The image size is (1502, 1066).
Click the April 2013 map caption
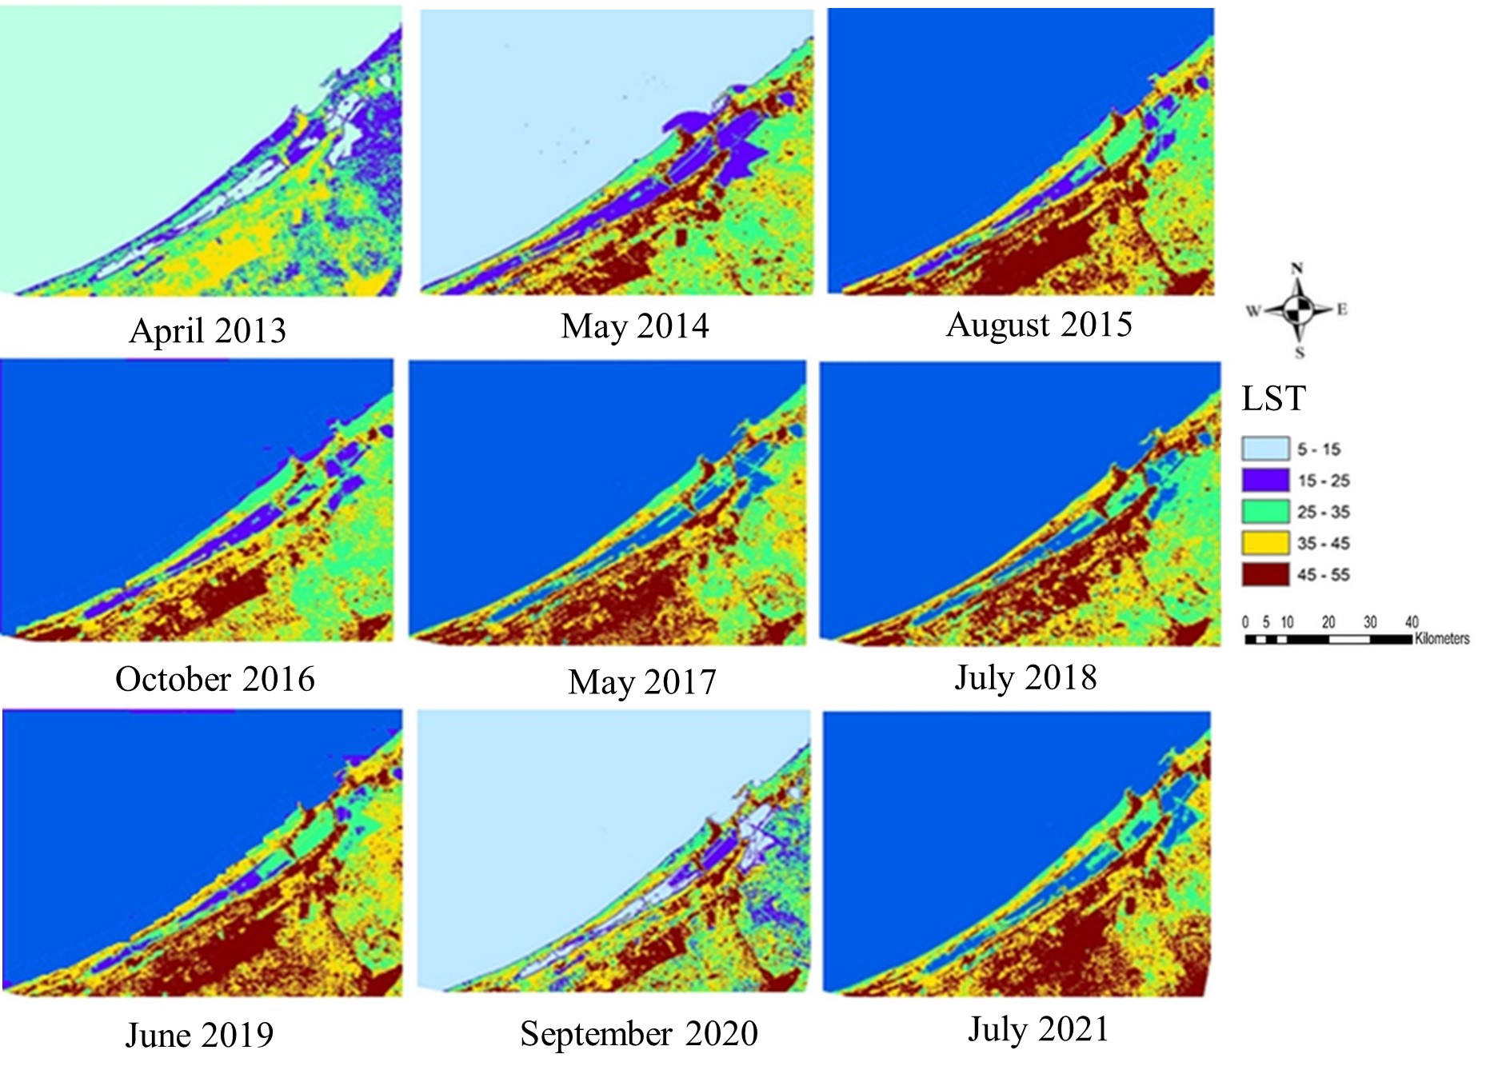(207, 330)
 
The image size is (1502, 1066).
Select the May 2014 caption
(634, 326)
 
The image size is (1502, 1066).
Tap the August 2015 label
(1038, 325)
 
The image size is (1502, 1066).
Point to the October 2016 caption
(214, 679)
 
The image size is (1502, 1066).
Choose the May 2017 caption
(641, 682)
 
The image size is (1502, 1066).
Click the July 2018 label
(1025, 677)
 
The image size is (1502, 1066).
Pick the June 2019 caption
(199, 1035)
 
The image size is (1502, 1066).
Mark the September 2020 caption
(638, 1033)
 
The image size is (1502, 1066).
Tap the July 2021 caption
(1038, 1029)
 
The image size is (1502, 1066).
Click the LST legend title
(1273, 398)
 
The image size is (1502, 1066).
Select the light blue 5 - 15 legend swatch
(1264, 449)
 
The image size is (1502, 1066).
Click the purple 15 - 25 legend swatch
(1264, 480)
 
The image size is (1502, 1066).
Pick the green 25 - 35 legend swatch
(1264, 511)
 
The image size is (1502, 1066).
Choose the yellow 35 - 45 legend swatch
(1264, 543)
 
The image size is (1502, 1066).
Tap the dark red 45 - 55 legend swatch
(1264, 574)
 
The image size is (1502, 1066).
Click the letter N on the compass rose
(1296, 268)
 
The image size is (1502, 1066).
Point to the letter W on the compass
(1252, 310)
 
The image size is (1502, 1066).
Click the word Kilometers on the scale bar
(1442, 638)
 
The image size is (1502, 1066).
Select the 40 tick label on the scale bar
(1412, 621)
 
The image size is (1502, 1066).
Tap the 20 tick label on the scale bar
(1328, 621)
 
